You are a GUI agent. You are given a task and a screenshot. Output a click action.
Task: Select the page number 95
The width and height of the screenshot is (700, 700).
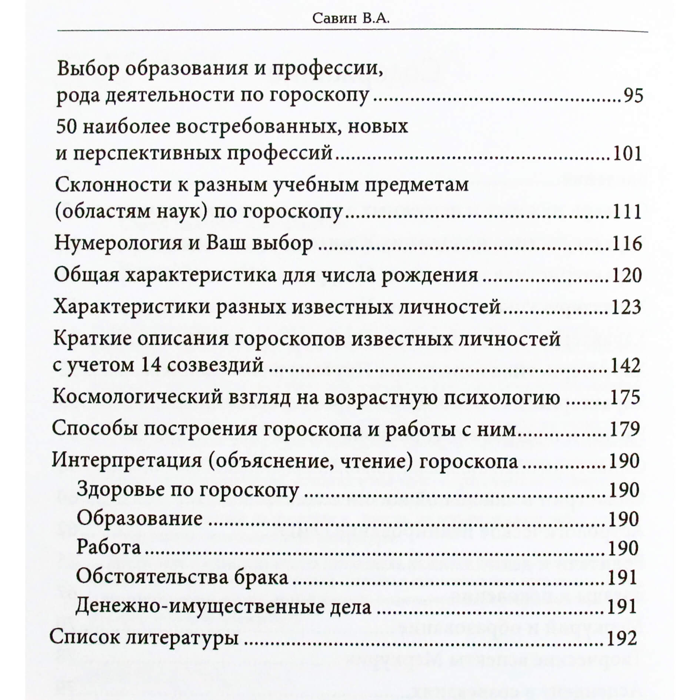pos(633,96)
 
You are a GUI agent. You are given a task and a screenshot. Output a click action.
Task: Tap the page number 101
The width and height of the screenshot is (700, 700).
pos(627,153)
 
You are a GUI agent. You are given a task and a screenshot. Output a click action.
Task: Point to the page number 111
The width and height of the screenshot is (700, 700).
pos(627,212)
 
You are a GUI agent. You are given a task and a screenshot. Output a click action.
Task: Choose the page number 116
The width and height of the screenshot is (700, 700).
pos(627,244)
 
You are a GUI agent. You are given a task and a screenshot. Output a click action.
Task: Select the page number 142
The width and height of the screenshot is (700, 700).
pos(626,366)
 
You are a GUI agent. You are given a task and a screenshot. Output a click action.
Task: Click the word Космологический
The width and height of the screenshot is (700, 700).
pos(138,397)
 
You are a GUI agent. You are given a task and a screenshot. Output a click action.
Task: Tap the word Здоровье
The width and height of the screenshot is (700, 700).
pos(120,490)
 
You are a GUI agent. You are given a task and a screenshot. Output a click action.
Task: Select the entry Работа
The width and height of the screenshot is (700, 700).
pos(109,548)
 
